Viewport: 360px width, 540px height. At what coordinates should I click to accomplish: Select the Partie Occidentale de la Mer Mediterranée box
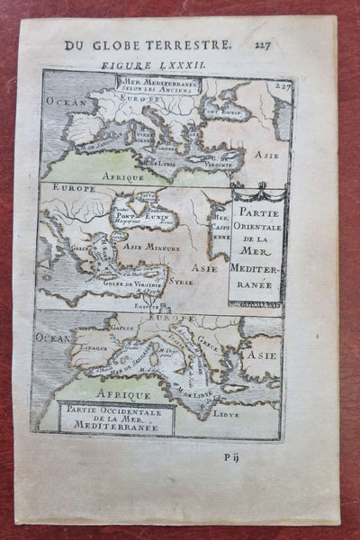[115, 416]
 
